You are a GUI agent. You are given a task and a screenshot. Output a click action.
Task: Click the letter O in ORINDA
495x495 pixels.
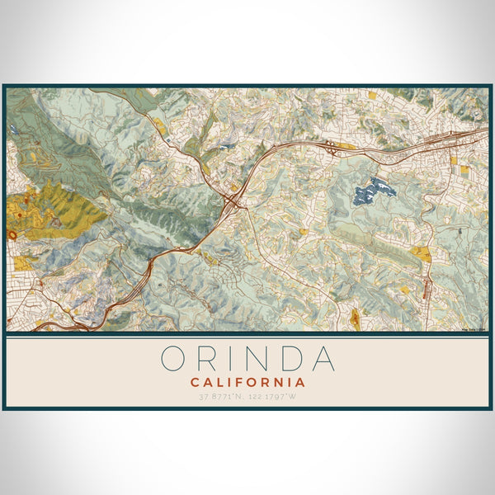(177, 359)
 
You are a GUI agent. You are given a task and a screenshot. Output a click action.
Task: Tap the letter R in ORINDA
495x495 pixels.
(208, 359)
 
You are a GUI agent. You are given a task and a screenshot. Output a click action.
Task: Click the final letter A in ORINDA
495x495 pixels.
(322, 359)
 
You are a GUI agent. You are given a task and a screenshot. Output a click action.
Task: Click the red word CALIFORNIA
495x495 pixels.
(247, 383)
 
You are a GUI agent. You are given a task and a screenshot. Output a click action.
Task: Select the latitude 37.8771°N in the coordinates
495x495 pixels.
(221, 398)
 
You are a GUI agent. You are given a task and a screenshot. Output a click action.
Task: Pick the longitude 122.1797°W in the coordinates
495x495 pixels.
(274, 398)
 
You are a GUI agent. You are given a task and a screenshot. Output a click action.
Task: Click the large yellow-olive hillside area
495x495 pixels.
(58, 210)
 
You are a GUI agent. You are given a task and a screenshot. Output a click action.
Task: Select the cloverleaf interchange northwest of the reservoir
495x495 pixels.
(331, 148)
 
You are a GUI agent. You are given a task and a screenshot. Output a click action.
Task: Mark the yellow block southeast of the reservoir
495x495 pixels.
(422, 255)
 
